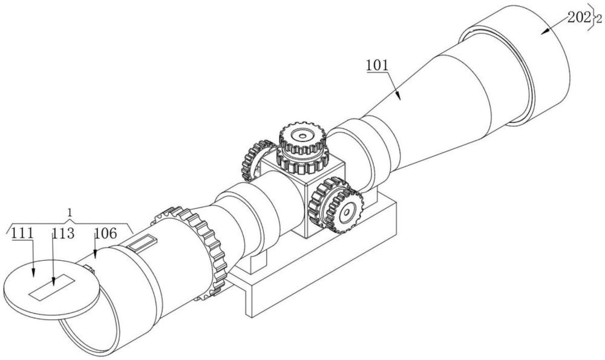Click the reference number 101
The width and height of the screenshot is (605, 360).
point(377,65)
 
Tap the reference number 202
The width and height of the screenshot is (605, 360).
point(579,18)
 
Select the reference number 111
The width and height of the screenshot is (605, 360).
point(22,234)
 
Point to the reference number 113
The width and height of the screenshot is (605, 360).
point(63,234)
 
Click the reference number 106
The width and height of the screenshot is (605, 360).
point(105,234)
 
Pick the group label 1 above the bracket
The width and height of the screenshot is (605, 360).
point(70,212)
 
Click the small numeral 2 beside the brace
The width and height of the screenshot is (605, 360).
point(599,19)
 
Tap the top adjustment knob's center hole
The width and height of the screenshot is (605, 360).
point(302,136)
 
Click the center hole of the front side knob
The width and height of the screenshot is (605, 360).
point(347,212)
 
